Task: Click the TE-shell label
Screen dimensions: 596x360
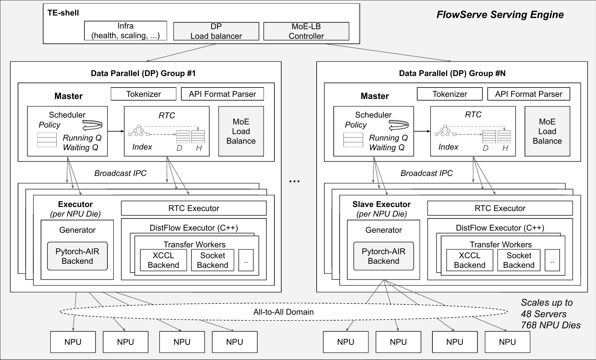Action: click(x=63, y=13)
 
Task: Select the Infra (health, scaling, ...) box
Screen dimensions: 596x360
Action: click(x=125, y=31)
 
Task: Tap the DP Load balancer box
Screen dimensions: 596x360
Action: click(x=216, y=31)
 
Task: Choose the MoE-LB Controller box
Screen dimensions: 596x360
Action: click(x=306, y=31)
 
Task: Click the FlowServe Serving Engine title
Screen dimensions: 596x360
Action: click(x=500, y=15)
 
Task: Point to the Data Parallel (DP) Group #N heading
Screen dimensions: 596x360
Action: click(x=452, y=73)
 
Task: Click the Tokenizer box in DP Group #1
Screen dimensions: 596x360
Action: click(x=143, y=94)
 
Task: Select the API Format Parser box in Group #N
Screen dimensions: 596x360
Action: click(x=529, y=94)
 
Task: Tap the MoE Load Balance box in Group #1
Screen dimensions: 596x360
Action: click(x=241, y=131)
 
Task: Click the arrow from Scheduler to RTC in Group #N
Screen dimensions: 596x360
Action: click(x=422, y=131)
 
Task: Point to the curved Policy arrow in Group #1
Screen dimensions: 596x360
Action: click(x=93, y=125)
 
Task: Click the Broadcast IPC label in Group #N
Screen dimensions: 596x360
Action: click(x=427, y=173)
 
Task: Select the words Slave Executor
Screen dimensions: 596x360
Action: click(x=382, y=204)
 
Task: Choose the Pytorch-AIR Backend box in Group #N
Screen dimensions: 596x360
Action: click(x=383, y=256)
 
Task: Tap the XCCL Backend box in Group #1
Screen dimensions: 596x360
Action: click(x=163, y=260)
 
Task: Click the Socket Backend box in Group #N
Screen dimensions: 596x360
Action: click(x=519, y=260)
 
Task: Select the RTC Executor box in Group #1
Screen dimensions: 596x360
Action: click(x=194, y=208)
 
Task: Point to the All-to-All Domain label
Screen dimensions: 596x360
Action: click(x=283, y=312)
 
